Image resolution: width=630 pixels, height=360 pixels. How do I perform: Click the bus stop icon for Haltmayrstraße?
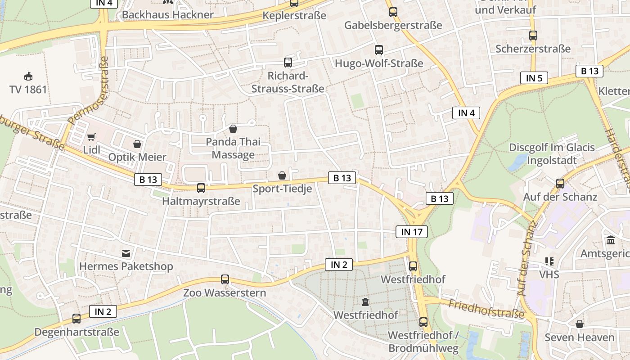(201, 188)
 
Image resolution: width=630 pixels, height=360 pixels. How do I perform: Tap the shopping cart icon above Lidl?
(91, 137)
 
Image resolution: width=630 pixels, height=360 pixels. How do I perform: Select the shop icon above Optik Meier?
(137, 144)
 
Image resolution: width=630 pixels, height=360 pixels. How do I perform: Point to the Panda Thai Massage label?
(233, 148)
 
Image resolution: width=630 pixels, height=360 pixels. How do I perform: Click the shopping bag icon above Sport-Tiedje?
(282, 175)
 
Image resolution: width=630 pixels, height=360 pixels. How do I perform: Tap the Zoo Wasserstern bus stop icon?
(225, 279)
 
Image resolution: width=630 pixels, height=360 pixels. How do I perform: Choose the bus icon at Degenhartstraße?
(76, 319)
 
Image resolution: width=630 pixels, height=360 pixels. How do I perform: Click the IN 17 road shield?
(411, 232)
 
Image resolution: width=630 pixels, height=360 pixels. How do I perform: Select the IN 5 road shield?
(534, 78)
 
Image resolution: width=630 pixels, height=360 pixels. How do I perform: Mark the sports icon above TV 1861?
(28, 76)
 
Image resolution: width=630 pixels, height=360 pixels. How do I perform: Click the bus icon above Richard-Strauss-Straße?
(288, 63)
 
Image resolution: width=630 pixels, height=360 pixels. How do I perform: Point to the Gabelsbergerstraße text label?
(393, 25)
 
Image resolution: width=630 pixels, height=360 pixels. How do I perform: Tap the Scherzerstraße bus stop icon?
(533, 35)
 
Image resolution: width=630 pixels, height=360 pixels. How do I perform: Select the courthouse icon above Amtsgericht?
(611, 240)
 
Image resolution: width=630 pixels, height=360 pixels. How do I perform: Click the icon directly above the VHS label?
(549, 261)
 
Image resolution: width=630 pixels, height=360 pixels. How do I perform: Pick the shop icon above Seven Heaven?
(580, 324)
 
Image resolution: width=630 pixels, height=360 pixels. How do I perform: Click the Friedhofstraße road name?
(486, 309)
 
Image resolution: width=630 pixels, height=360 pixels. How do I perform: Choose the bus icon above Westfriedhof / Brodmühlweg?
(423, 322)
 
